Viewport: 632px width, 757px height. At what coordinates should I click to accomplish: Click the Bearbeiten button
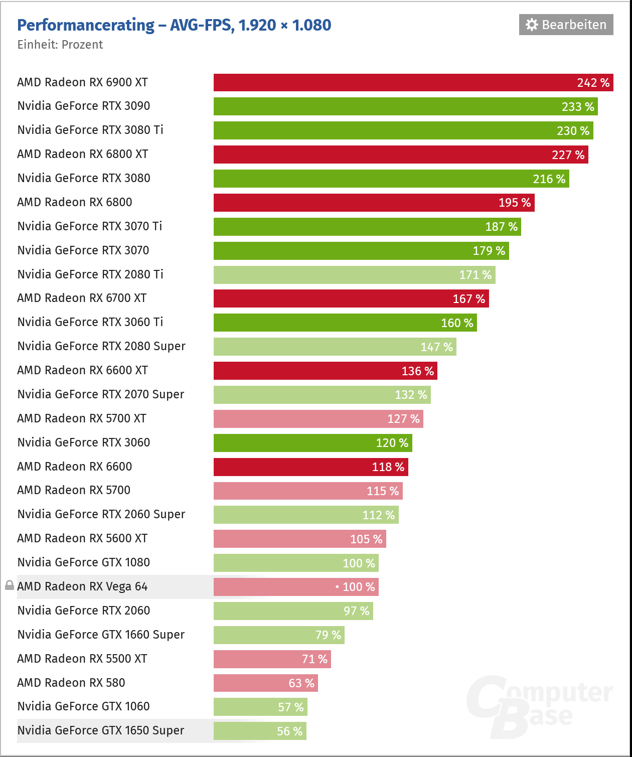[x=566, y=25]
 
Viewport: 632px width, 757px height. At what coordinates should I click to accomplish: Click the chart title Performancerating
[x=86, y=25]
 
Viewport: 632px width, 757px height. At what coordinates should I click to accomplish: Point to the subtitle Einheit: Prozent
[x=60, y=45]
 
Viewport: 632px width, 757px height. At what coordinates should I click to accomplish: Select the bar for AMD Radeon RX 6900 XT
[x=413, y=83]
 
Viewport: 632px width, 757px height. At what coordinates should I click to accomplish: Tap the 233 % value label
[x=578, y=107]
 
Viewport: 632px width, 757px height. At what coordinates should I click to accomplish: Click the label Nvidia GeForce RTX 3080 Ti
[x=90, y=130]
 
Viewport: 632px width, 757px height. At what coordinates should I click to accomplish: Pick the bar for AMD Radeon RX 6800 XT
[x=401, y=155]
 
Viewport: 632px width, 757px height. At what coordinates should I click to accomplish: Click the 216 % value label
[x=549, y=179]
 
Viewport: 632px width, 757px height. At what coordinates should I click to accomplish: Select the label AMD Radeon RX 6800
[x=75, y=202]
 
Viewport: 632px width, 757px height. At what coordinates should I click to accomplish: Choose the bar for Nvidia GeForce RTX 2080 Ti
[x=354, y=275]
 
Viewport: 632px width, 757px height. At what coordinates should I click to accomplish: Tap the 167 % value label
[x=468, y=299]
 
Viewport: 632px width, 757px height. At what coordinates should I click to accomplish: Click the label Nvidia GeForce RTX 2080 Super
[x=101, y=346]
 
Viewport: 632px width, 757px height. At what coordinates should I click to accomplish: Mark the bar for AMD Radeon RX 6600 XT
[x=325, y=371]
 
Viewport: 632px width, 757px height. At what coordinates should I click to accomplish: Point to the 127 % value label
[x=403, y=419]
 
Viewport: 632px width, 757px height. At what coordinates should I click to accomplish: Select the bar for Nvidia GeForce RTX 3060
[x=312, y=443]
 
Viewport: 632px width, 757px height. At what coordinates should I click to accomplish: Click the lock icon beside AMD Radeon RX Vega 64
[x=9, y=585]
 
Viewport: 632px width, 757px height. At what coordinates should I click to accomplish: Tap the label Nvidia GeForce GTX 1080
[x=84, y=562]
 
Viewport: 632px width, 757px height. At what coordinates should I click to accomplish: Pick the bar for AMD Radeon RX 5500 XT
[x=272, y=659]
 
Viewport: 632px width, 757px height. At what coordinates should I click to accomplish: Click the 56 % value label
[x=289, y=731]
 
